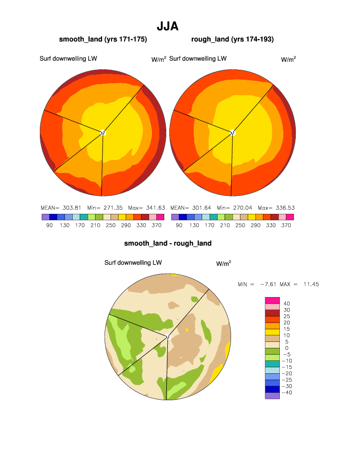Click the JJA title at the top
click(167, 26)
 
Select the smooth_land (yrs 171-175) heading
click(103, 39)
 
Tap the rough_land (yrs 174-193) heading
click(233, 39)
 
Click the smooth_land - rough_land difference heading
click(168, 243)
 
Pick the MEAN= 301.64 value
click(187, 208)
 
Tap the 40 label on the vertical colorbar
click(287, 304)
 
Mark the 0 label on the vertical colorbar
click(287, 348)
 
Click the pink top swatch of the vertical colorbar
click(272, 300)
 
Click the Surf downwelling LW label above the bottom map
click(133, 263)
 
